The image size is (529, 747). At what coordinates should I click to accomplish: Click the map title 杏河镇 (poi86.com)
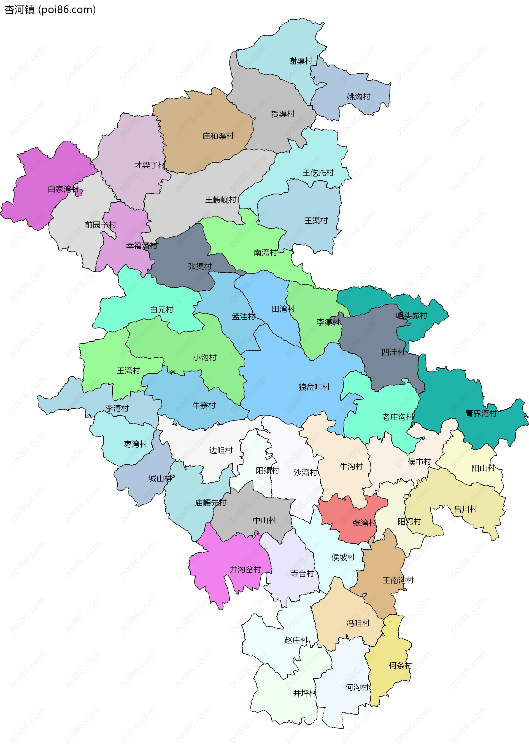point(50,10)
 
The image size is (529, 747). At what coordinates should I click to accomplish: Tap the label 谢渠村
point(300,61)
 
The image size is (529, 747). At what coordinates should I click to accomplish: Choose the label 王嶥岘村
point(220,200)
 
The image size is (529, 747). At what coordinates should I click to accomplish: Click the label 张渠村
point(200,266)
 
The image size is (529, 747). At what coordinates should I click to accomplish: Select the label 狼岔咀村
point(314,387)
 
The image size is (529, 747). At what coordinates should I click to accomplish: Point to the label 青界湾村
point(481,414)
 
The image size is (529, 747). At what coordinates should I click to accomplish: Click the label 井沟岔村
point(245,569)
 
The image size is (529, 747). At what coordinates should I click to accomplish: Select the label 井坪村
point(304,693)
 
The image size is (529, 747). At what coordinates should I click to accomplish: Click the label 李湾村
point(117,408)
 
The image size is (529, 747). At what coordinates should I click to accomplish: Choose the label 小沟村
point(204,358)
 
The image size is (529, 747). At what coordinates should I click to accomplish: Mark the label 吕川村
point(465,509)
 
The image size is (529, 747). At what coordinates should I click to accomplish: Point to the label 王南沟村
point(398,580)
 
